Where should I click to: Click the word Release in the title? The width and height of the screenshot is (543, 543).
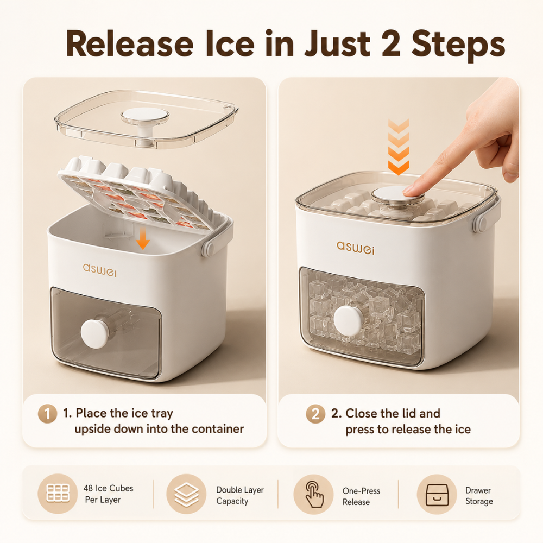tap(130, 44)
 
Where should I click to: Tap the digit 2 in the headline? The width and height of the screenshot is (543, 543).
tap(390, 44)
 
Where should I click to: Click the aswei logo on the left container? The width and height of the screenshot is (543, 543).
tap(100, 270)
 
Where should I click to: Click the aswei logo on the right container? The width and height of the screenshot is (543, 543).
tap(355, 248)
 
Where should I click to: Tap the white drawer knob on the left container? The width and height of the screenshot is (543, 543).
tap(94, 333)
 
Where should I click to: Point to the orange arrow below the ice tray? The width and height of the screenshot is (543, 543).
tap(143, 240)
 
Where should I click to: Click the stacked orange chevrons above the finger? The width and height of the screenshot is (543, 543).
tap(399, 147)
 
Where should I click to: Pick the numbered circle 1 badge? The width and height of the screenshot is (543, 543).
tap(47, 414)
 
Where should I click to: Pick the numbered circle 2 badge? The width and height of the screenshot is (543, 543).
tap(315, 414)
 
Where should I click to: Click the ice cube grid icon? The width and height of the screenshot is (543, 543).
tap(58, 493)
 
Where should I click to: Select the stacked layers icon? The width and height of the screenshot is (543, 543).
tap(186, 494)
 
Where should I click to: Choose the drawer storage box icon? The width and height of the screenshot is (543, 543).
tap(437, 495)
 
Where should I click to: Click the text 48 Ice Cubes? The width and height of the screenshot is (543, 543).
tap(109, 488)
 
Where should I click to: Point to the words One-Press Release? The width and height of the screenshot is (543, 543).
tap(361, 496)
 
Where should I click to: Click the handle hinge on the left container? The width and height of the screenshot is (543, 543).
tap(208, 249)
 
